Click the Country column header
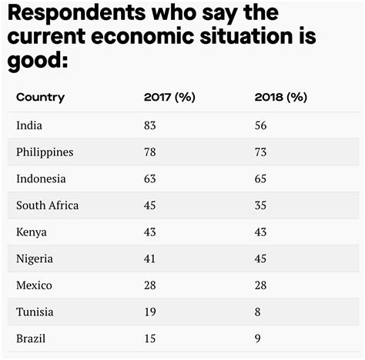40,97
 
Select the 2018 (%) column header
280,97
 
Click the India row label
28,125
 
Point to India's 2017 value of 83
151,125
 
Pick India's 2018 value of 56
260,125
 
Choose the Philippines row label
45,152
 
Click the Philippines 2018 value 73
260,152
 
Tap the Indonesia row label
41,178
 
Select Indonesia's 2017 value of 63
151,178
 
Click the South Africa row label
47,205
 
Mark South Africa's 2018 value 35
260,205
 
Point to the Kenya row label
32,232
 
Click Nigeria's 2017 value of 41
151,258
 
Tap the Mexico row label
34,285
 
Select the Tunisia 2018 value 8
257,312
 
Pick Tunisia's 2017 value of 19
151,312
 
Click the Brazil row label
31,338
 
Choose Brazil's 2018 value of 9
257,338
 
